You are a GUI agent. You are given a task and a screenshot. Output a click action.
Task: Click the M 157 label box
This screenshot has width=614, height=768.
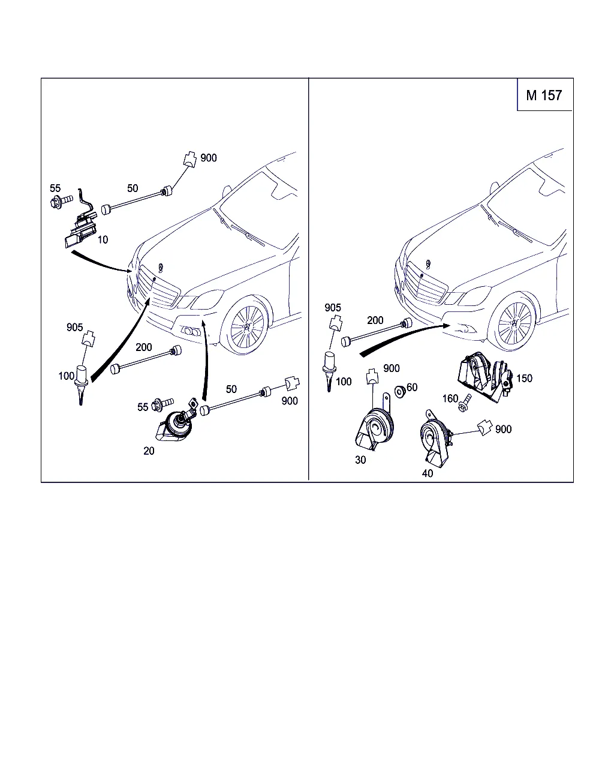[x=544, y=95]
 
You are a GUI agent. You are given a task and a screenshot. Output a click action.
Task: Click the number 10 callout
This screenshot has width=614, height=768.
[x=103, y=240]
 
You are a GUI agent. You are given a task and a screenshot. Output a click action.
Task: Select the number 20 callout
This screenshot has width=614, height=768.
[x=149, y=451]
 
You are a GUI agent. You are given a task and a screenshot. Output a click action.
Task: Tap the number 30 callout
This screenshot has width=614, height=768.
[x=360, y=460]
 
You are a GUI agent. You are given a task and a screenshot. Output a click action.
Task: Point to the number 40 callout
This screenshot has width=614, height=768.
[x=428, y=473]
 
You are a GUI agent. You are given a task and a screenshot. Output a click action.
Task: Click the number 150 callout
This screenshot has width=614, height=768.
[x=524, y=379]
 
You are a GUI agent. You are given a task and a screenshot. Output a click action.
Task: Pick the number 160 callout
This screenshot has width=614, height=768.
[x=450, y=398]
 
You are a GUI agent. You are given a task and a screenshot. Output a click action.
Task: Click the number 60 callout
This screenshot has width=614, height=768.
[x=412, y=388]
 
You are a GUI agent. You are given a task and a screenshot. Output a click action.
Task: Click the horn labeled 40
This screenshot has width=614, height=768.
[x=435, y=441]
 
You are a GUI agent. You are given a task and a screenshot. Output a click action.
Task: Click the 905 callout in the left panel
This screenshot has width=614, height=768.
[x=75, y=328]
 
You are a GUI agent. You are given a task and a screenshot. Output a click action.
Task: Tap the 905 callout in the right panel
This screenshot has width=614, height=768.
[x=333, y=308]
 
